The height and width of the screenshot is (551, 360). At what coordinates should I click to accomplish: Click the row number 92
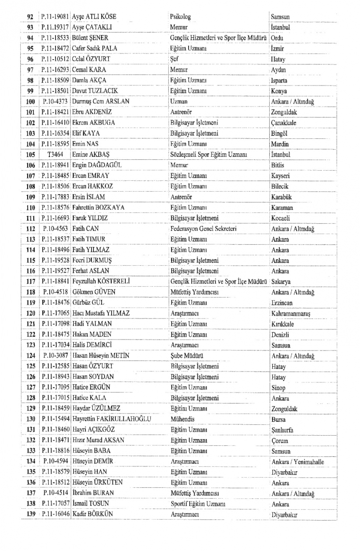[x=30, y=17]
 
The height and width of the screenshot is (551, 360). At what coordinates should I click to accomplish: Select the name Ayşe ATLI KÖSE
[x=94, y=16]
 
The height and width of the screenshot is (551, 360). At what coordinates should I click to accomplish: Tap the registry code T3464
[x=55, y=154]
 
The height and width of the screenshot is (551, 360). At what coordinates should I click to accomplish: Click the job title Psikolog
[x=180, y=16]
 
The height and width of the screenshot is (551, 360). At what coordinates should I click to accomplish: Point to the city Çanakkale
[x=283, y=123]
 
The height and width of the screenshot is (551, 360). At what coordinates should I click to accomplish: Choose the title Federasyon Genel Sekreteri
[x=203, y=229]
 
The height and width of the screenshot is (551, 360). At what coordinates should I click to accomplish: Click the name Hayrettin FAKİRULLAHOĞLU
[x=112, y=419]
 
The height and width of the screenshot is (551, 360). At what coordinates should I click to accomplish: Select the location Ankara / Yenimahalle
[x=297, y=462]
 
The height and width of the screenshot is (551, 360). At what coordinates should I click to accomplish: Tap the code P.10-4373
[x=55, y=101]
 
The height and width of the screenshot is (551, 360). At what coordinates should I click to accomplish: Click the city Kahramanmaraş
[x=291, y=313]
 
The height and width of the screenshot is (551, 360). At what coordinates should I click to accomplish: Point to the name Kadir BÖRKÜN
[x=92, y=514]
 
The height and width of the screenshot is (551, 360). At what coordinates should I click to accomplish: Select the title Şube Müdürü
[x=187, y=356]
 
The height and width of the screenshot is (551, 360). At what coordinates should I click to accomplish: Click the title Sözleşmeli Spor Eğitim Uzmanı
[x=208, y=154]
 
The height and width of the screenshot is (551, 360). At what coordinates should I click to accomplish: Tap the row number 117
[x=31, y=281]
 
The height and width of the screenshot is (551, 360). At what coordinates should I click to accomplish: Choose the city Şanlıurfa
[x=282, y=430]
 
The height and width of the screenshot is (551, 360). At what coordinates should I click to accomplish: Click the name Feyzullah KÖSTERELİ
[x=101, y=281]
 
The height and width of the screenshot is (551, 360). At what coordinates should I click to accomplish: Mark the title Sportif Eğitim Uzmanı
[x=198, y=504]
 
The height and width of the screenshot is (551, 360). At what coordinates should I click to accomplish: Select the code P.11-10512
[x=55, y=59]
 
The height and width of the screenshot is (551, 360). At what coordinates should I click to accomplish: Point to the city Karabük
[x=281, y=197]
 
